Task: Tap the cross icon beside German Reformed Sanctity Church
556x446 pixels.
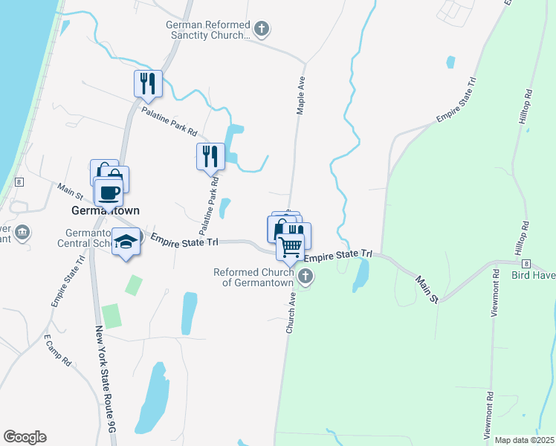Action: coord(261,29)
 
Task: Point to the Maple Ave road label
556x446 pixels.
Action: coord(302,96)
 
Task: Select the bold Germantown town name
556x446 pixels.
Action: coord(105,210)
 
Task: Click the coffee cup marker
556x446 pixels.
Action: coord(109,193)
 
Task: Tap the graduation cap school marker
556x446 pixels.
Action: coord(126,242)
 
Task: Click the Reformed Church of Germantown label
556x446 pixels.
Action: coord(255,277)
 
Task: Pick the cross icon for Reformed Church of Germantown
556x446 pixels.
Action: coord(305,277)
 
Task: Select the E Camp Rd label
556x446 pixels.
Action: coord(57,351)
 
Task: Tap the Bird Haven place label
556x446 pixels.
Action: coord(533,275)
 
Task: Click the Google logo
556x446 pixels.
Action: coord(25,437)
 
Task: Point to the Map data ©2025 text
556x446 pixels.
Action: coord(524,440)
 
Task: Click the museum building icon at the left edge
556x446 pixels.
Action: coord(23,232)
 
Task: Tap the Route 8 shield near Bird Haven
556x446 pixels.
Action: coord(526,263)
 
